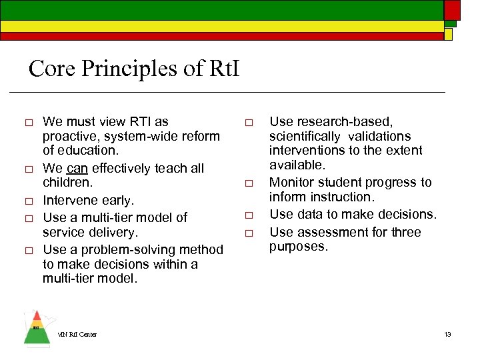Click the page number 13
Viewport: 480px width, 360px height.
click(x=448, y=334)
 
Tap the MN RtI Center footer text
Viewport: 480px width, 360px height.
click(x=77, y=334)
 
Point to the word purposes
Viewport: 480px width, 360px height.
click(x=297, y=246)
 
